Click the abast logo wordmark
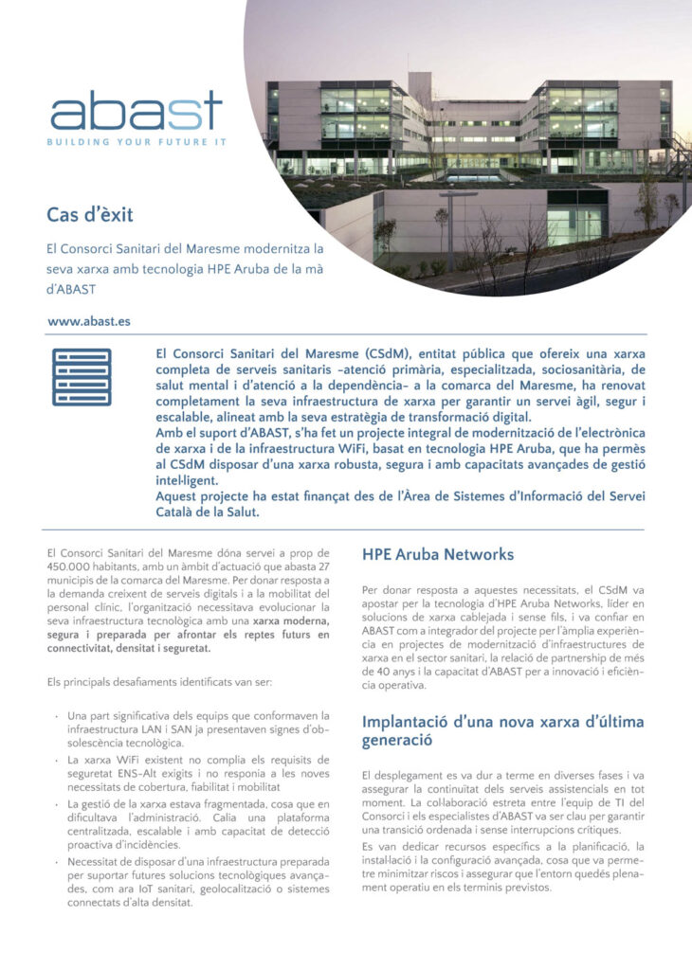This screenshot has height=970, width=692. [x=137, y=111]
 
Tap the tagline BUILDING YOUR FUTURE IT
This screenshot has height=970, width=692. [x=138, y=142]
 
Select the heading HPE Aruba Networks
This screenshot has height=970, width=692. [x=438, y=555]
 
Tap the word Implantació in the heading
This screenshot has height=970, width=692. [x=410, y=722]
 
